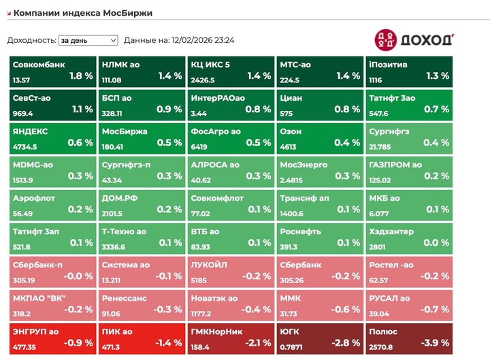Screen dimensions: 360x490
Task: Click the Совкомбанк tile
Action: (x=52, y=71)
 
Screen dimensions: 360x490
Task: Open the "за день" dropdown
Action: (x=88, y=40)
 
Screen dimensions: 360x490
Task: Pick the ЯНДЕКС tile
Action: (x=52, y=138)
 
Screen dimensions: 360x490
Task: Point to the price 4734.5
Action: (x=25, y=146)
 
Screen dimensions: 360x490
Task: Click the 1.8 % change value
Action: (x=81, y=76)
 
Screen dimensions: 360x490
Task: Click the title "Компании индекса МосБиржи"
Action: (x=83, y=13)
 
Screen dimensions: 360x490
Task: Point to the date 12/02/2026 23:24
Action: (x=203, y=40)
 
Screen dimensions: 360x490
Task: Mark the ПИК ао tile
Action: (x=142, y=338)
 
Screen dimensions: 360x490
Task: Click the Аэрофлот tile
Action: (x=52, y=205)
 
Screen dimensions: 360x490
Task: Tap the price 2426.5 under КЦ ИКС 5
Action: (x=204, y=80)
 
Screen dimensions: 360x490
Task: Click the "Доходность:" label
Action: (x=31, y=40)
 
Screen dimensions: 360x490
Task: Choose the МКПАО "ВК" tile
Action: (x=52, y=305)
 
